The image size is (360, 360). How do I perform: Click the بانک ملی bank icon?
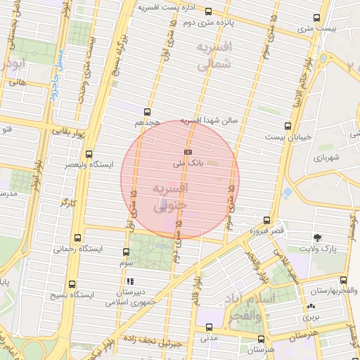point(188,152)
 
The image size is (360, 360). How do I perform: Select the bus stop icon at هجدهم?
point(146,111)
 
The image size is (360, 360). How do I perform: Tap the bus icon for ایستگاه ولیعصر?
point(89,154)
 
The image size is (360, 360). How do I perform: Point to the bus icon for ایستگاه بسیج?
point(72,284)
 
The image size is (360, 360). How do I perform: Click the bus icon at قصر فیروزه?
point(266,220)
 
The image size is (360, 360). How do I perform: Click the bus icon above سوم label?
point(127,252)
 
